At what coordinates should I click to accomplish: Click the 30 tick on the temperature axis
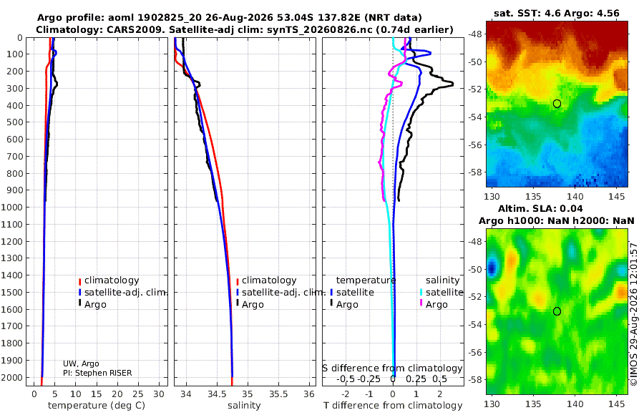coord(159,394)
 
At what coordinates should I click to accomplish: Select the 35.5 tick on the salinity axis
coord(278,394)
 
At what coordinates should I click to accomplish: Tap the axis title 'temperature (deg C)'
coord(97,406)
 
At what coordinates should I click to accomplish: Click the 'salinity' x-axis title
coord(244,406)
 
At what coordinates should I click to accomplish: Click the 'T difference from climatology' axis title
coord(393,406)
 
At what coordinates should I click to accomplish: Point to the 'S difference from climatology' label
coord(392,368)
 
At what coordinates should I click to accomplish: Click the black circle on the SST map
coord(557,104)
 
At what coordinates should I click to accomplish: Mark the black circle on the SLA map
coord(557,311)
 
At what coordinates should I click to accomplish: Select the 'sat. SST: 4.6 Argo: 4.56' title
coord(557,13)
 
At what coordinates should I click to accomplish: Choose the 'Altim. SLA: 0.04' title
coord(540,208)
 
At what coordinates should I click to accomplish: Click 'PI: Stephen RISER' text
coord(97,373)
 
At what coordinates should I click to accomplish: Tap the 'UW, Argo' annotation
coord(81,363)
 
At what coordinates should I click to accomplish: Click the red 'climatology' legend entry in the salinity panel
coord(266,280)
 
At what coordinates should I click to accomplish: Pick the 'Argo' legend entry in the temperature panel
coord(92,305)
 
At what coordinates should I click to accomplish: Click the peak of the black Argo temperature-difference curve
coord(453,84)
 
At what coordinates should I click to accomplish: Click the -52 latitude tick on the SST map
coord(475,89)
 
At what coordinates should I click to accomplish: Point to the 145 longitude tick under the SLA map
coord(617,404)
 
